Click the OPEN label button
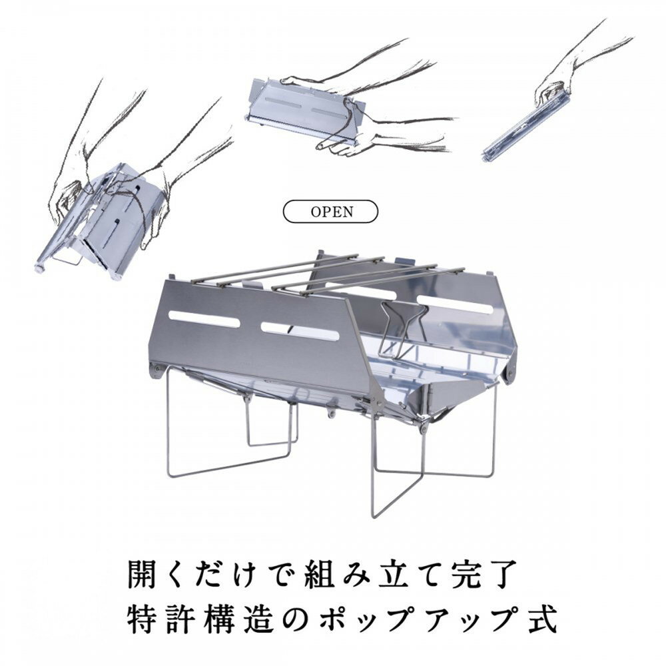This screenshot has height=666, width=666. click(x=330, y=211)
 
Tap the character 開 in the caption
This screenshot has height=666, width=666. click(x=143, y=574)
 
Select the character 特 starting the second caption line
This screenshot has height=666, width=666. click(x=143, y=619)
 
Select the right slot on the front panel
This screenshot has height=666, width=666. click(x=300, y=331)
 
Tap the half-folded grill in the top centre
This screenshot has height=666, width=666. click(x=306, y=110)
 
